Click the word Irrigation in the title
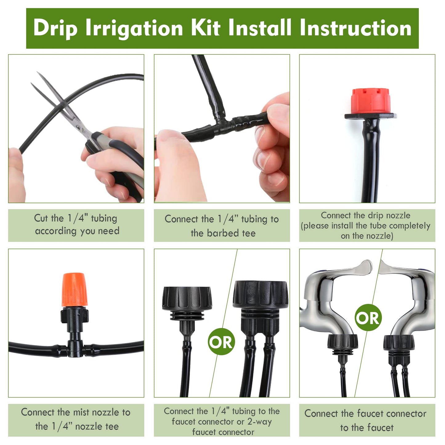[x=134, y=28]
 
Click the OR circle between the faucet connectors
[x=221, y=342]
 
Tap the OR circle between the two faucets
[x=368, y=318]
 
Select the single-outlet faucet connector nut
[x=187, y=298]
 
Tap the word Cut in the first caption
[x=41, y=218]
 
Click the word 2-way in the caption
[x=259, y=422]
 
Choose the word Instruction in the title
[x=355, y=28]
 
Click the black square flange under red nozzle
[x=370, y=116]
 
